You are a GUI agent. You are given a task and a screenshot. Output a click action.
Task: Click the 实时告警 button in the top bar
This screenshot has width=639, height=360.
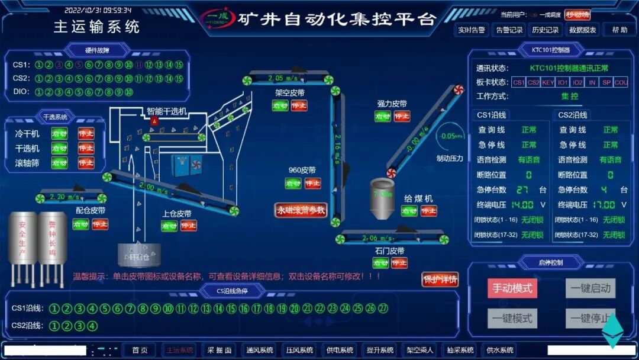pyautogui.click(x=471, y=30)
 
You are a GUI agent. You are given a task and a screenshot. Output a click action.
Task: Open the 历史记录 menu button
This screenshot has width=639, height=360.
pyautogui.click(x=545, y=30)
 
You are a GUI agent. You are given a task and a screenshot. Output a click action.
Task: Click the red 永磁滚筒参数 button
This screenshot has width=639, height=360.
pyautogui.click(x=301, y=210)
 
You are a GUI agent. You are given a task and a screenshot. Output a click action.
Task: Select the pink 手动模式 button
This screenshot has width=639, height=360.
pyautogui.click(x=512, y=288)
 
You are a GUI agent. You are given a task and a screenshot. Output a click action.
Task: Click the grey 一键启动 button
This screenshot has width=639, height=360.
pyautogui.click(x=590, y=288)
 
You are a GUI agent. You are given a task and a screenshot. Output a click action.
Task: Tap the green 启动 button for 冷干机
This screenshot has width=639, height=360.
pyautogui.click(x=59, y=134)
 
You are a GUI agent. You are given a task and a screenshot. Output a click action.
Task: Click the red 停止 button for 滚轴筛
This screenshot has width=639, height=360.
pyautogui.click(x=86, y=163)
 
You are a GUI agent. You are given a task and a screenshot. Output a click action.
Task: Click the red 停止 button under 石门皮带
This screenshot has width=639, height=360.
pyautogui.click(x=399, y=262)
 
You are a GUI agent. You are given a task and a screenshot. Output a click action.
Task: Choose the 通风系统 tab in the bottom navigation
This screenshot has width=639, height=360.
pyautogui.click(x=260, y=350)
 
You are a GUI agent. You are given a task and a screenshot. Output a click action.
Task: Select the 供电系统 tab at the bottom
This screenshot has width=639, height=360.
pyautogui.click(x=340, y=350)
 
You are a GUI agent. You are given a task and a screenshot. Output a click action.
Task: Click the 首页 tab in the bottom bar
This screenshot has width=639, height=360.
pyautogui.click(x=140, y=350)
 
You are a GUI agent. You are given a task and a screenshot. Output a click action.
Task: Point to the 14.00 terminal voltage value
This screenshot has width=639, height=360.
pyautogui.click(x=522, y=205)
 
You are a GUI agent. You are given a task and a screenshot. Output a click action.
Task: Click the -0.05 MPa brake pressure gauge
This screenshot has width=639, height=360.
pyautogui.click(x=449, y=136)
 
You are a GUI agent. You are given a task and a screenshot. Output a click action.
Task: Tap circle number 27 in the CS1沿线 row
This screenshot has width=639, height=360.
pyautogui.click(x=383, y=308)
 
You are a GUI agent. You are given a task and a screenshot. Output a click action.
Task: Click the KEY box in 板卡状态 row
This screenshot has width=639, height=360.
pyautogui.click(x=548, y=82)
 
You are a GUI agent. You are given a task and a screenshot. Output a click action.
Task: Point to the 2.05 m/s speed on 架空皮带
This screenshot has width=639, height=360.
pyautogui.click(x=282, y=78)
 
